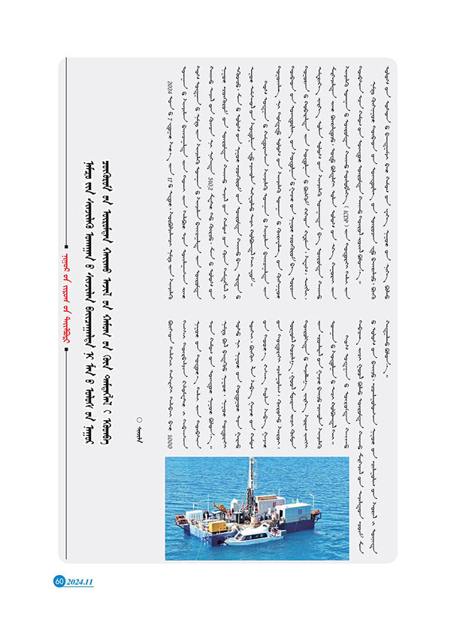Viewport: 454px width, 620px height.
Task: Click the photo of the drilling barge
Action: pos(257,508)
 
